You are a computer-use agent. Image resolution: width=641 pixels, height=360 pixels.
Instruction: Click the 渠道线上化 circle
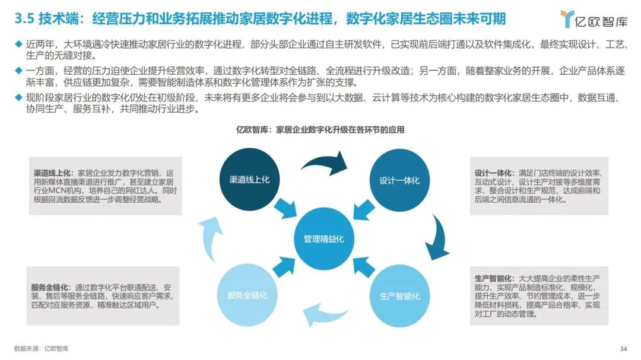(249, 179)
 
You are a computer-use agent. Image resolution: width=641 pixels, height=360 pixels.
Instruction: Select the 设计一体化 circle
(399, 180)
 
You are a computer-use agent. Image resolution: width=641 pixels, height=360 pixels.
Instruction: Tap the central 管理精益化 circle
(324, 238)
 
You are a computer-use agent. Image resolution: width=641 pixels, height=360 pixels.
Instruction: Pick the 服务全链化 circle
(247, 295)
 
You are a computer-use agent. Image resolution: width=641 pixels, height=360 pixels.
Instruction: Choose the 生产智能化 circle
(400, 296)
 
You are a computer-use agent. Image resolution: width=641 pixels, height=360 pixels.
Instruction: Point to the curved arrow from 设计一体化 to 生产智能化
(439, 239)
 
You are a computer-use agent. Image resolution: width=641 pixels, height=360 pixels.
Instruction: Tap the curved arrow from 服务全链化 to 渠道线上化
(210, 239)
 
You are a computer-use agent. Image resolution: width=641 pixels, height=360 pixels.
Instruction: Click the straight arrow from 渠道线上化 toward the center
(285, 208)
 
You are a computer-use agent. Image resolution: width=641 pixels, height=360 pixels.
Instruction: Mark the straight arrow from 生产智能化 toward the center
(363, 267)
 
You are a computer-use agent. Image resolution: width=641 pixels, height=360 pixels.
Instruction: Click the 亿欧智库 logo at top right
(594, 19)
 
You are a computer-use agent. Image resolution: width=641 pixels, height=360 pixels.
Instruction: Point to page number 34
(623, 349)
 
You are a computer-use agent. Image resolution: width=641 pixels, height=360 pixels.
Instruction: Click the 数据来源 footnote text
(42, 349)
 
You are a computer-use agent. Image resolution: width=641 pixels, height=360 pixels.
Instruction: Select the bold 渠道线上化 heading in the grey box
(53, 173)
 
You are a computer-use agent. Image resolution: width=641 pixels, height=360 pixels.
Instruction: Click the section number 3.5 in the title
(24, 19)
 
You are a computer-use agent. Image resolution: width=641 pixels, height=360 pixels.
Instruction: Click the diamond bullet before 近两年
(18, 43)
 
